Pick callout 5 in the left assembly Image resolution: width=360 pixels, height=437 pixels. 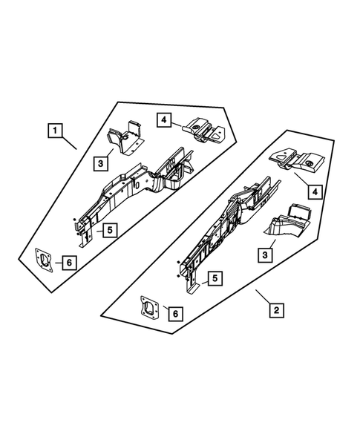coord(108,230)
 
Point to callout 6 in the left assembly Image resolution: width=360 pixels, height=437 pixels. coord(68,262)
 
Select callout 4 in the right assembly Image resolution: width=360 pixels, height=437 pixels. coord(315,193)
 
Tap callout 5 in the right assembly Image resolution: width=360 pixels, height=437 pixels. coord(214,277)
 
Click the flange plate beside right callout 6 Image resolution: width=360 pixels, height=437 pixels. coord(150,306)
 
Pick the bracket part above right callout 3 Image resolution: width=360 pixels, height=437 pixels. coord(290,220)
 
